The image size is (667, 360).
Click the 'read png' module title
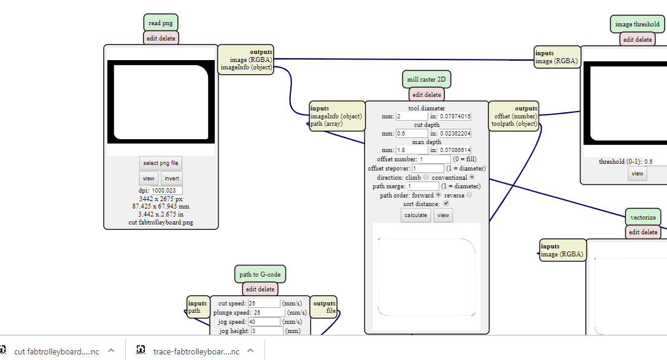[161, 23]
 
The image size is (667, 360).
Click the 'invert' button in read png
[171, 178]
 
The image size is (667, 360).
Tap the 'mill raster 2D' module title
[427, 80]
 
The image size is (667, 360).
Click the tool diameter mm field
[412, 116]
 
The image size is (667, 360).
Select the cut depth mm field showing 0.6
[412, 133]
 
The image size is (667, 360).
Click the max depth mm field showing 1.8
[412, 150]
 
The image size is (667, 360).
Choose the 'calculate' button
[415, 215]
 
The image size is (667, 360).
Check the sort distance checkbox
[446, 203]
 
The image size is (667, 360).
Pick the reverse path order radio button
[469, 195]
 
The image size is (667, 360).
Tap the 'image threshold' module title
[638, 25]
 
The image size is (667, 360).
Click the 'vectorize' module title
[643, 217]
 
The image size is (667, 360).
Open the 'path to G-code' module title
[260, 274]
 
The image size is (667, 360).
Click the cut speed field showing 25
[264, 304]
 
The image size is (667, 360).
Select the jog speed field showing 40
[264, 321]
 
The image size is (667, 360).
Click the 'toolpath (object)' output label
[514, 123]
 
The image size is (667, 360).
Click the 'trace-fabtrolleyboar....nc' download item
[196, 351]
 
